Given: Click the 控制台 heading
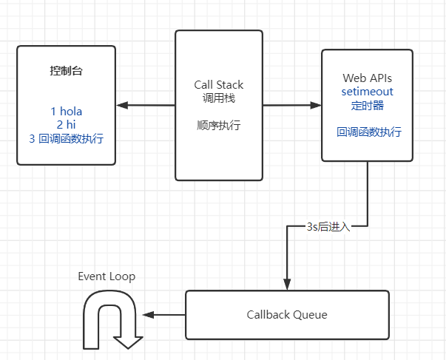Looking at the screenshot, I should pyautogui.click(x=67, y=72).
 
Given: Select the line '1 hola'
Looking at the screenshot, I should pyautogui.click(x=67, y=112).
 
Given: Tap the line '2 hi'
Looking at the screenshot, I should pyautogui.click(x=67, y=125).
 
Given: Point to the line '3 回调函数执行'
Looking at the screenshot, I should pyautogui.click(x=67, y=138).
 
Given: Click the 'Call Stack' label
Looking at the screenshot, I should pyautogui.click(x=219, y=85).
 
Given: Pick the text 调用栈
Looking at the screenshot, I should pyautogui.click(x=219, y=98).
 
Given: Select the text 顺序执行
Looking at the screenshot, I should pyautogui.click(x=219, y=125).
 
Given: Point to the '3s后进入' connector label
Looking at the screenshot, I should pyautogui.click(x=328, y=227).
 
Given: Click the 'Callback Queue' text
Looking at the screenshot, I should pyautogui.click(x=287, y=315).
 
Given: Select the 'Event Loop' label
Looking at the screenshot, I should pyautogui.click(x=107, y=276).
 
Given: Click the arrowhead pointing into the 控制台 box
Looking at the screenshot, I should pyautogui.click(x=121, y=105).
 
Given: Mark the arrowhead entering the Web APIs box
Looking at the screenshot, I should pyautogui.click(x=316, y=105).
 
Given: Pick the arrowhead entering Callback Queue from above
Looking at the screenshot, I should pyautogui.click(x=287, y=285).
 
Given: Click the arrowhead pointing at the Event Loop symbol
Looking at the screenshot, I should pyautogui.click(x=148, y=316).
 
